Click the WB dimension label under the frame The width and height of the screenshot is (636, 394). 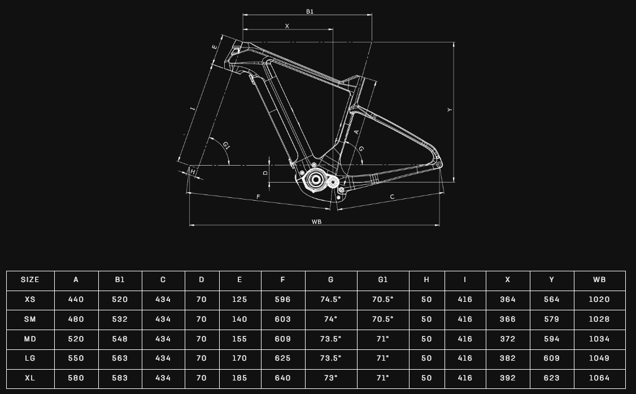pyautogui.click(x=316, y=222)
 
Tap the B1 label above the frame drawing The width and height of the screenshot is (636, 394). pyautogui.click(x=310, y=11)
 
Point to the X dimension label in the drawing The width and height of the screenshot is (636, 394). pyautogui.click(x=287, y=26)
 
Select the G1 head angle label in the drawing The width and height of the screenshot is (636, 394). pyautogui.click(x=226, y=145)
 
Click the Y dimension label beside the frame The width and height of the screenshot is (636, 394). pyautogui.click(x=450, y=110)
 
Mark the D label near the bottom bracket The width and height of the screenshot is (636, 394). pyautogui.click(x=265, y=173)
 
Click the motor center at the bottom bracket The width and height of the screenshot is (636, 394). pyautogui.click(x=316, y=179)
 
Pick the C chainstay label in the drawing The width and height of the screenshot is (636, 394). pyautogui.click(x=392, y=197)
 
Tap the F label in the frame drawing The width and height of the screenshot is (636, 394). pyautogui.click(x=258, y=197)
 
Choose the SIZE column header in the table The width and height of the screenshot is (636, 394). pyautogui.click(x=30, y=280)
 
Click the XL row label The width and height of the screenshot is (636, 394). pyautogui.click(x=30, y=378)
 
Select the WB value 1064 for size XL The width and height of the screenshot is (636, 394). pyautogui.click(x=599, y=378)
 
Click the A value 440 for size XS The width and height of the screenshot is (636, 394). pyautogui.click(x=76, y=300)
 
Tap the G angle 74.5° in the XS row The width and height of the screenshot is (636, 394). pyautogui.click(x=330, y=300)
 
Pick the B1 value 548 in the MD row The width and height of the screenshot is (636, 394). pyautogui.click(x=120, y=339)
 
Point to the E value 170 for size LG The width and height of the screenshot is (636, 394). pyautogui.click(x=239, y=358)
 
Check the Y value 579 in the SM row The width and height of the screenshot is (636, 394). pyautogui.click(x=552, y=319)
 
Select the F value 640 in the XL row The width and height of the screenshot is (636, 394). pyautogui.click(x=283, y=378)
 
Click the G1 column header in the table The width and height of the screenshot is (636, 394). pyautogui.click(x=383, y=280)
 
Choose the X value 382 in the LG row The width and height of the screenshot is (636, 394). pyautogui.click(x=508, y=358)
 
